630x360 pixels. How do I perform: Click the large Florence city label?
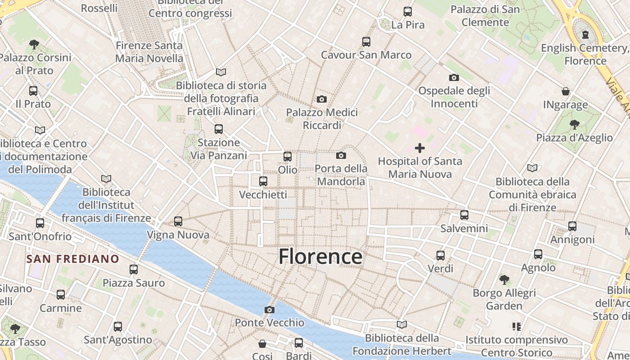320,256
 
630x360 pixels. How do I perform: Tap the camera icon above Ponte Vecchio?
270,310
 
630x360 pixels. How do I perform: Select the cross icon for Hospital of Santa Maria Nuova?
420,148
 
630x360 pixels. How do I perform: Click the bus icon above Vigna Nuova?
178,221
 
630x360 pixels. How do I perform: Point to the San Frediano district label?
72,259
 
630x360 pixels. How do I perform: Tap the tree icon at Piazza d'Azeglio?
574,124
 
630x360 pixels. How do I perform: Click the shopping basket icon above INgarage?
566,91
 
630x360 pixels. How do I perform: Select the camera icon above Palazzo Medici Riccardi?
322,99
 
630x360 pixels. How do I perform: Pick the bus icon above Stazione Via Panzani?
219,129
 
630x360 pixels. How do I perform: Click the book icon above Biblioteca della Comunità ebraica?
532,168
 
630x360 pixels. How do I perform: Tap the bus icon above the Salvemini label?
464,215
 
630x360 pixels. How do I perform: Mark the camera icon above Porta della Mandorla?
341,156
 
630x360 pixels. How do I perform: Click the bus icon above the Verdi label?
441,256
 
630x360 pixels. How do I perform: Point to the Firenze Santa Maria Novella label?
149,52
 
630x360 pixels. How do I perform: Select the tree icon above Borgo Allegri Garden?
504,279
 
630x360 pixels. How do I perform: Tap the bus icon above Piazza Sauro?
134,270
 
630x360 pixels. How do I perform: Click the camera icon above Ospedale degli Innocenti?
454,77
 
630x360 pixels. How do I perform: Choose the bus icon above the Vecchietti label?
263,181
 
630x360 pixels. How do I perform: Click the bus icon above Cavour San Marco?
366,42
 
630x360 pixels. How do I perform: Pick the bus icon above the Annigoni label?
572,226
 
